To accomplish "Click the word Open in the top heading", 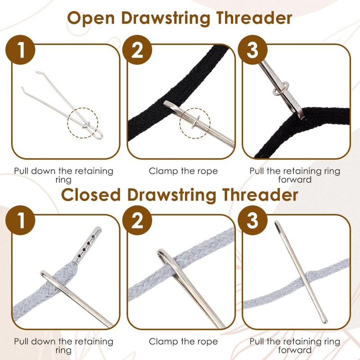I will pos(92,19).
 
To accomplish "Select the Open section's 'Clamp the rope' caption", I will pos(183,171).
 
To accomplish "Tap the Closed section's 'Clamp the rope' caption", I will pos(183,342).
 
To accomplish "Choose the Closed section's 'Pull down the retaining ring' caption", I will pos(63,346).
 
